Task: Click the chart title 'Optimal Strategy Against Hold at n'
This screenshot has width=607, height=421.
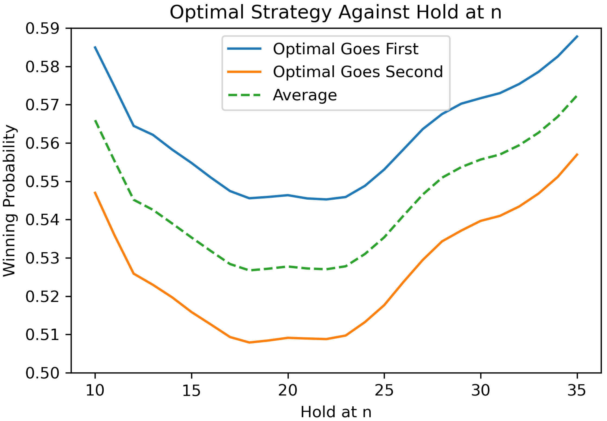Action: (x=335, y=13)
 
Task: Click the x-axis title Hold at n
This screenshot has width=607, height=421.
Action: (x=336, y=412)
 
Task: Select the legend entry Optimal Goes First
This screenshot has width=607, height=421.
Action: (x=345, y=49)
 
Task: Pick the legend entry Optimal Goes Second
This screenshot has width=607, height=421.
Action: (x=358, y=72)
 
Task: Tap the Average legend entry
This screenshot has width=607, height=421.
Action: (x=305, y=95)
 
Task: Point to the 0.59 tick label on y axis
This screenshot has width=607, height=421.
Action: (x=42, y=29)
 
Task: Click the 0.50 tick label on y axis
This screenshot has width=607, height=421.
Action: (x=42, y=373)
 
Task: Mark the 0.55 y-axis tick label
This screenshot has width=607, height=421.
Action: (x=42, y=182)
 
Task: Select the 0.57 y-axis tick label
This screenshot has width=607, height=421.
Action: (x=42, y=105)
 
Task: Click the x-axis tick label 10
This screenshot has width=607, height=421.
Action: (x=95, y=391)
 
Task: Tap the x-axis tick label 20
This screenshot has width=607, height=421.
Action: (x=288, y=391)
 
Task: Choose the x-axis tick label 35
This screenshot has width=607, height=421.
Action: (x=577, y=391)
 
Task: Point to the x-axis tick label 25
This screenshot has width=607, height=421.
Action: (x=384, y=391)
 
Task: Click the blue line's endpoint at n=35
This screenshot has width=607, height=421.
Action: (x=577, y=36)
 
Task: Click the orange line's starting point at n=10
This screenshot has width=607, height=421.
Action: (x=95, y=192)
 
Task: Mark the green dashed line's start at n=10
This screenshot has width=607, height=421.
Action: (x=95, y=120)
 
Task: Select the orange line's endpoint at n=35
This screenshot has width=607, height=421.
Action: (x=577, y=154)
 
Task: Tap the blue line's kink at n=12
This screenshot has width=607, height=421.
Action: (x=134, y=126)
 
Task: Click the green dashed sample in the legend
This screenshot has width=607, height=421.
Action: (x=244, y=95)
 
